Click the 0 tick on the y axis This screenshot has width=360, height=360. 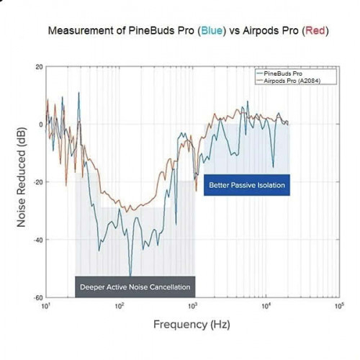(40, 124)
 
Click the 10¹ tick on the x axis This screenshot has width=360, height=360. (47, 306)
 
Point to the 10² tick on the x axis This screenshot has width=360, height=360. (120, 306)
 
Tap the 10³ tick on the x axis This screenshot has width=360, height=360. (192, 306)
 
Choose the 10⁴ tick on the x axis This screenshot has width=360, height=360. (265, 306)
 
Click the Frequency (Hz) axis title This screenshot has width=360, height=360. (192, 325)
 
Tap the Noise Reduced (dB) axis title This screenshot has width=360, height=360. (22, 182)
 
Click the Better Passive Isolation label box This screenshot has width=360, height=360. (247, 186)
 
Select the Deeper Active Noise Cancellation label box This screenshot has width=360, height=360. (135, 287)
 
